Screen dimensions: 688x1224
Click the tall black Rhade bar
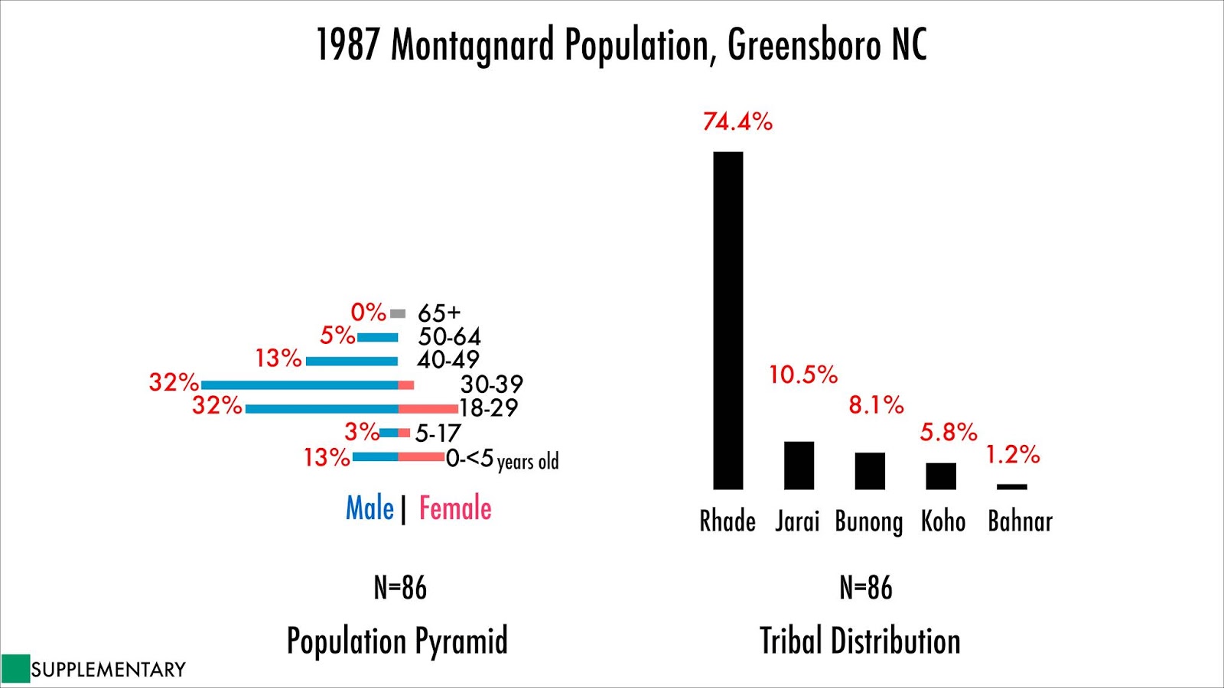coord(728,321)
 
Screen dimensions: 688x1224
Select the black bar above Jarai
coord(799,466)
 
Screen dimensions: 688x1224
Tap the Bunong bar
coord(870,471)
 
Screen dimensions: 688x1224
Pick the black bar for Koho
coord(941,476)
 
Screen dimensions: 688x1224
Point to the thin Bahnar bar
coord(1011,487)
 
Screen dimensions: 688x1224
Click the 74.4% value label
coord(737,122)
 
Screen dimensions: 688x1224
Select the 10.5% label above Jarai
coord(802,375)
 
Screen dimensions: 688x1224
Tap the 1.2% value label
coord(1012,455)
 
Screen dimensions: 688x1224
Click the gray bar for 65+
coord(398,313)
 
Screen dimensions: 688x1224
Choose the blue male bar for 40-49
coord(352,361)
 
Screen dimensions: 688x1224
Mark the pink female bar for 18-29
coord(428,409)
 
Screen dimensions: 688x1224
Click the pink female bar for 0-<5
coord(421,457)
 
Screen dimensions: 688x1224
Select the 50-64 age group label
coord(449,336)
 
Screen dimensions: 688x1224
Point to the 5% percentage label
coord(337,335)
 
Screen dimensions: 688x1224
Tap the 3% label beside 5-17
coord(361,432)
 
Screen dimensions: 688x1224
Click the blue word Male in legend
coord(369,508)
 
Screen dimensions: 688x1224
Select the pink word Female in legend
coord(455,508)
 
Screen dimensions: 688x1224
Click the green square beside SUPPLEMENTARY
coord(15,669)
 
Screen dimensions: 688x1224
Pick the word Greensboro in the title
coord(803,44)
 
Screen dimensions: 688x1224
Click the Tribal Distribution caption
coord(860,641)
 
